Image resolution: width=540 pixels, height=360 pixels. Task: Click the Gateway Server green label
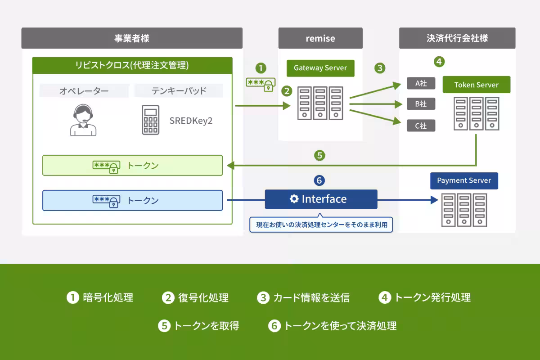(320, 68)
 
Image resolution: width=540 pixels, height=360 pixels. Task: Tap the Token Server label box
(477, 85)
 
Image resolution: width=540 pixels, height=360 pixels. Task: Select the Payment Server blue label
(464, 181)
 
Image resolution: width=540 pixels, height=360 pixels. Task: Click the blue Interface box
(321, 199)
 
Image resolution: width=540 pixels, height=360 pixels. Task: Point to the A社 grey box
(421, 83)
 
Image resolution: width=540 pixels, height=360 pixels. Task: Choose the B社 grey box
(421, 104)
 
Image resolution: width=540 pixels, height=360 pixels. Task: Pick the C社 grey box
(421, 126)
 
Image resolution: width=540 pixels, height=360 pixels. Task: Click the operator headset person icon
(83, 120)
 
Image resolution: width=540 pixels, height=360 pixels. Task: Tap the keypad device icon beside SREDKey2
(151, 120)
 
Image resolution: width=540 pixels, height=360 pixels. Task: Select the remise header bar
(320, 38)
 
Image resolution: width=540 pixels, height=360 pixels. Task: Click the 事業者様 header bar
(132, 38)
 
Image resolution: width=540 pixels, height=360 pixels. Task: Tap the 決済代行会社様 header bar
(457, 38)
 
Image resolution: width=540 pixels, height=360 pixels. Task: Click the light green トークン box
(132, 166)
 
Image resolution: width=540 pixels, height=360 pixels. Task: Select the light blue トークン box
(132, 200)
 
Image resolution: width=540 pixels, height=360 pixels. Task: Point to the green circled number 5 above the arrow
(319, 156)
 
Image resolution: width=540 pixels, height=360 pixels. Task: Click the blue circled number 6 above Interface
(319, 180)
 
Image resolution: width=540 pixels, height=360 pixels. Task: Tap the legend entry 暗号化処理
(100, 297)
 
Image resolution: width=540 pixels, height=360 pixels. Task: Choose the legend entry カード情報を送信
(304, 297)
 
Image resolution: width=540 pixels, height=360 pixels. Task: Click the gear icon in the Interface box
(294, 199)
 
